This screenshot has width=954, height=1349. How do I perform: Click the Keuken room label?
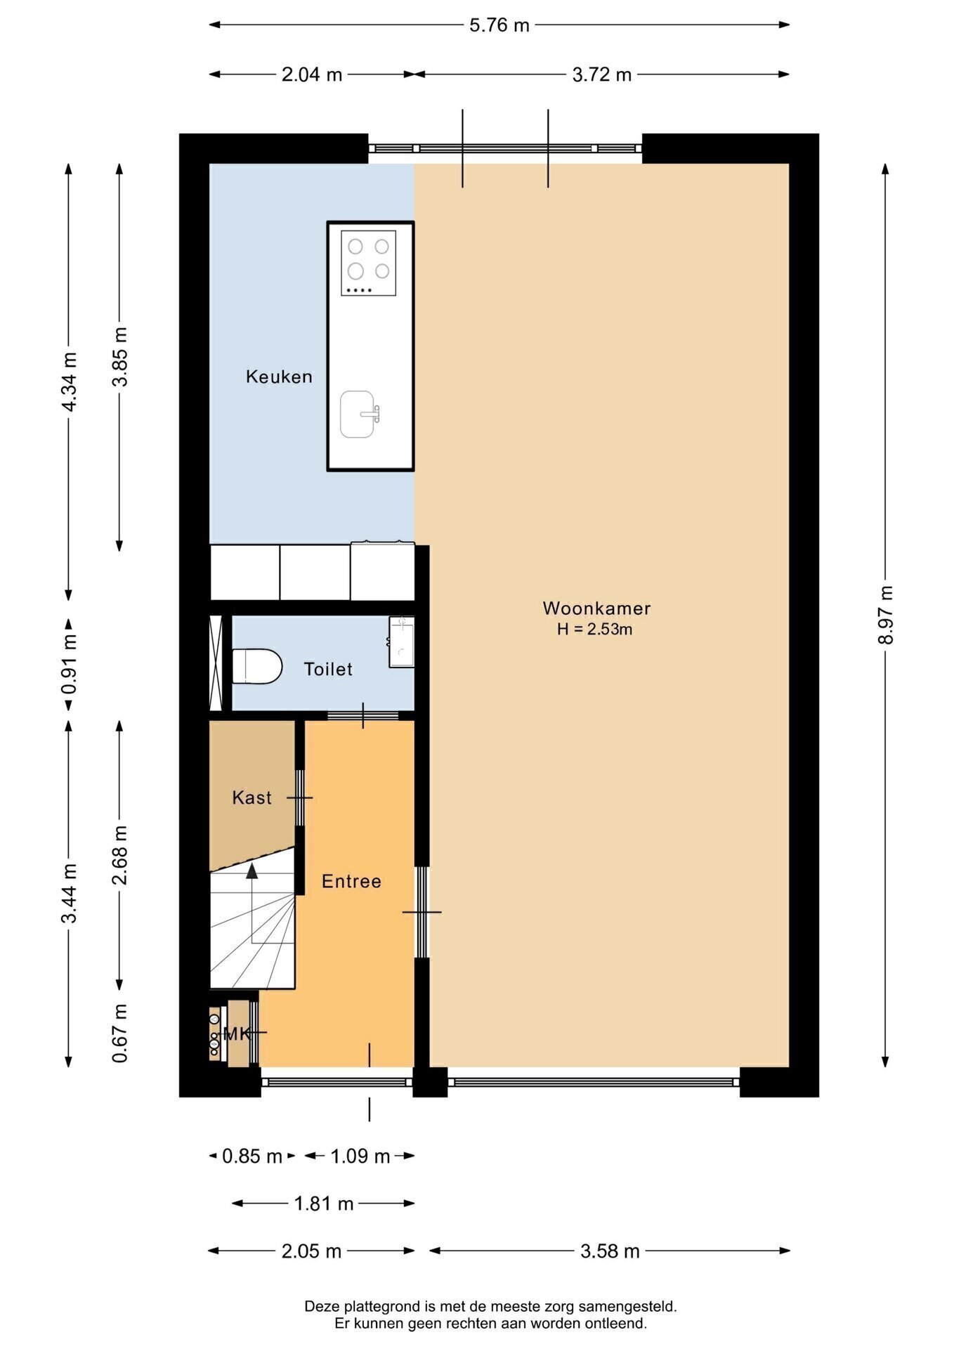click(x=279, y=377)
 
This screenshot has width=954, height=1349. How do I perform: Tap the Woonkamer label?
click(x=596, y=608)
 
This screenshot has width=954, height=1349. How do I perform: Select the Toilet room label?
click(x=328, y=669)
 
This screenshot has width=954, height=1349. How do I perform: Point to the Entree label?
click(x=351, y=881)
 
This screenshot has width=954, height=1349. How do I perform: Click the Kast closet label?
click(x=251, y=797)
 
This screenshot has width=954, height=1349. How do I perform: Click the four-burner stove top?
click(x=369, y=263)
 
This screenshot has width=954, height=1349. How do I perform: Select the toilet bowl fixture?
click(x=257, y=666)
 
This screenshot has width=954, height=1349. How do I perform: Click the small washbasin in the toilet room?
click(x=401, y=641)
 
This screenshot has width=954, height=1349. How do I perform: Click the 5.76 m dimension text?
click(x=499, y=25)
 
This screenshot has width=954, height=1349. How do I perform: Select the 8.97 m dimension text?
click(x=886, y=615)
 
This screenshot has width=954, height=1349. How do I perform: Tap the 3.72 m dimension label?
click(x=602, y=74)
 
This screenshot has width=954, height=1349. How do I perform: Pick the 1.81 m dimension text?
click(x=323, y=1204)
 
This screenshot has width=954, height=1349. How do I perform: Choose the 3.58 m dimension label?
click(x=610, y=1251)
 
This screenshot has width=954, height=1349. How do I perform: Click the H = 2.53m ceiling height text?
click(x=595, y=630)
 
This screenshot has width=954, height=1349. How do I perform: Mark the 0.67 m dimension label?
click(x=120, y=1033)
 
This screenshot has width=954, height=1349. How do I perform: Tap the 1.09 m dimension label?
click(x=360, y=1156)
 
